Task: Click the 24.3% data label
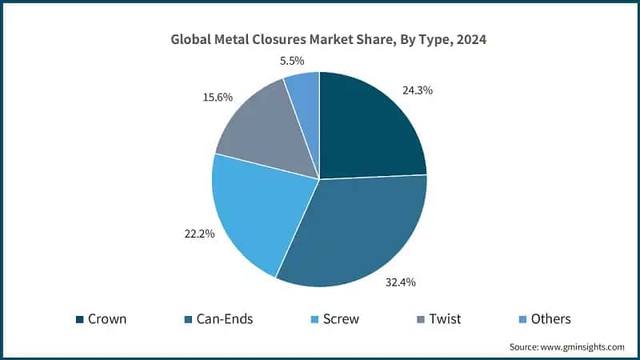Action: tap(416, 90)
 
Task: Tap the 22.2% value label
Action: tap(198, 234)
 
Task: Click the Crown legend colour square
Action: tap(80, 319)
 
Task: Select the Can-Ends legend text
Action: tap(225, 319)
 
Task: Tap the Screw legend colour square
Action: tap(314, 319)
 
